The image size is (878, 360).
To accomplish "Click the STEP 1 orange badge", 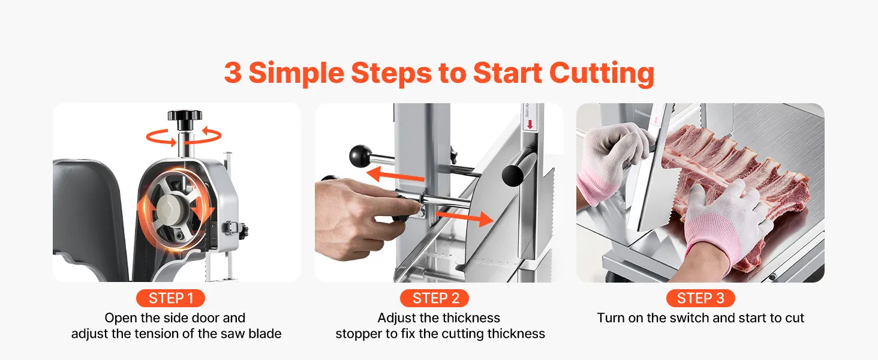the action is pyautogui.click(x=170, y=298).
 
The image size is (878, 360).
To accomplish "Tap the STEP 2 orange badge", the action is pyautogui.click(x=434, y=298).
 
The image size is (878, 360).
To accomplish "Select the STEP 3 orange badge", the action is pyautogui.click(x=700, y=298).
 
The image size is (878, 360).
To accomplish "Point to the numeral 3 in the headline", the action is pyautogui.click(x=233, y=73).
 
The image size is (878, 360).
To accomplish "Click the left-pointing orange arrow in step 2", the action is pyautogui.click(x=395, y=174).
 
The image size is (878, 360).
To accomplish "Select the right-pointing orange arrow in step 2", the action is pyautogui.click(x=464, y=218).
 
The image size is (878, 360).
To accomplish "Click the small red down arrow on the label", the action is pyautogui.click(x=530, y=125).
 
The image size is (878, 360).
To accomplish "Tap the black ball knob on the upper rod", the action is pyautogui.click(x=360, y=155).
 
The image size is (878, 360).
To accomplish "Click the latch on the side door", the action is pyautogui.click(x=234, y=228).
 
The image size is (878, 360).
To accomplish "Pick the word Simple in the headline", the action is pyautogui.click(x=296, y=74).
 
